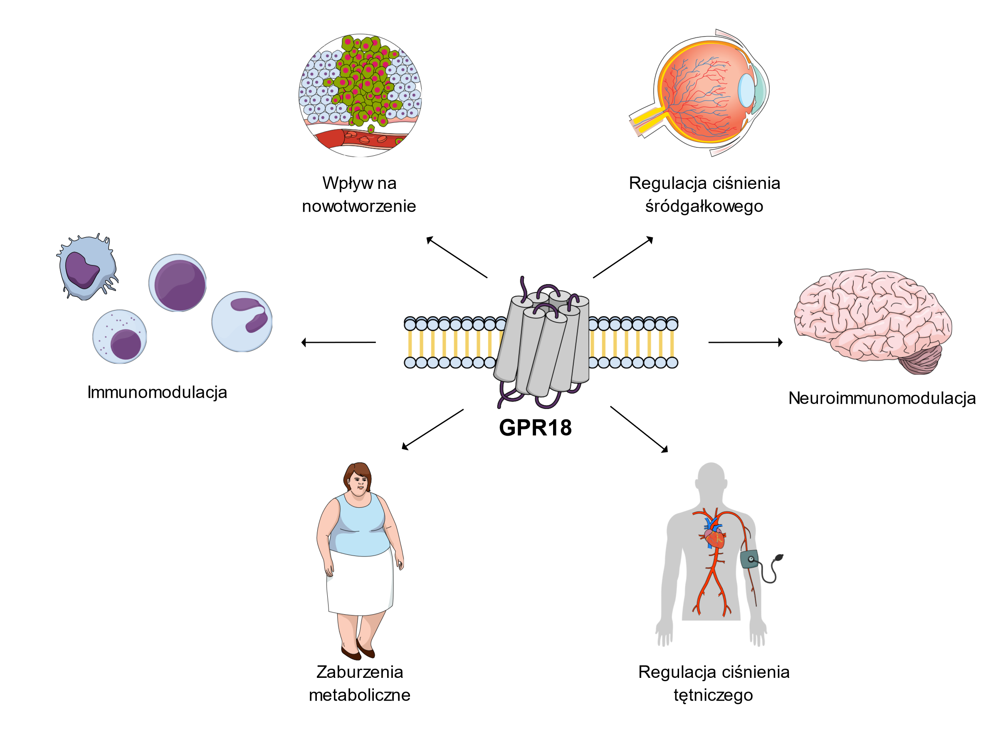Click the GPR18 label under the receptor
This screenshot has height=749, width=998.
pos(535,427)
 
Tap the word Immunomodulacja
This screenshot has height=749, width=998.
pos(157,392)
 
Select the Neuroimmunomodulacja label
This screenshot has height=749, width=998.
pos(882,398)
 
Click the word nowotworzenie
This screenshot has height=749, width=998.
pos(359,206)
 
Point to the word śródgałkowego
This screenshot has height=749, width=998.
pos(704,206)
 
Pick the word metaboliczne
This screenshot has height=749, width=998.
pos(359,695)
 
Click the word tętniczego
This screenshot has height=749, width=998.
pos(713,695)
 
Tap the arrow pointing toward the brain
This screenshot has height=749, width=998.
pos(745,342)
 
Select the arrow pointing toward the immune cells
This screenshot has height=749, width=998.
pos(338,342)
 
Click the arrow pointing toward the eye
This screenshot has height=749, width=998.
pos(623,257)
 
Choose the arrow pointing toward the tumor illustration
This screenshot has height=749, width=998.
pos(457,257)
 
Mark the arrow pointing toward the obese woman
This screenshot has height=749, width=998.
pos(432,430)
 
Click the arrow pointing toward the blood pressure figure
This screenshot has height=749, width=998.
pos(639,429)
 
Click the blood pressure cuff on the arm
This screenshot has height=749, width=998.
pos(749,559)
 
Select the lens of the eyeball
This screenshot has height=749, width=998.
pos(747,90)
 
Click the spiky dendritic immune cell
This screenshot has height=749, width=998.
pos(87,267)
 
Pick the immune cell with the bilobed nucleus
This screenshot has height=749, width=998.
pos(242,322)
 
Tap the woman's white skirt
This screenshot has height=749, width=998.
pos(360,583)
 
